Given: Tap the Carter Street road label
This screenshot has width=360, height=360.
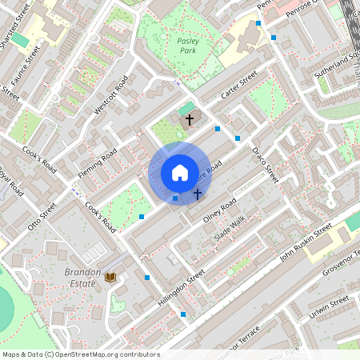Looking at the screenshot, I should (238, 86).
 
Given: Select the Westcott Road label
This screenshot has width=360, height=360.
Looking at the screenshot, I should (111, 95).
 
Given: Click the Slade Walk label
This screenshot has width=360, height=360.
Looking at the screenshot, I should (228, 230).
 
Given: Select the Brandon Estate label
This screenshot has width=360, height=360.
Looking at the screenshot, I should (82, 277).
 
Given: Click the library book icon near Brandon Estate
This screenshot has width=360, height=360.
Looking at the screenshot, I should (111, 277).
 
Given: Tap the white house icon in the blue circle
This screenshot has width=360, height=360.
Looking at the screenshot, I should (179, 173).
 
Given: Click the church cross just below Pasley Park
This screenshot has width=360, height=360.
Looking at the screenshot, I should (190, 120).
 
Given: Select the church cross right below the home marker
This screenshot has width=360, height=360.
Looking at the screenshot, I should (197, 194).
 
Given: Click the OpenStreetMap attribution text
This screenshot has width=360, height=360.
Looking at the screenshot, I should (80, 354).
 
